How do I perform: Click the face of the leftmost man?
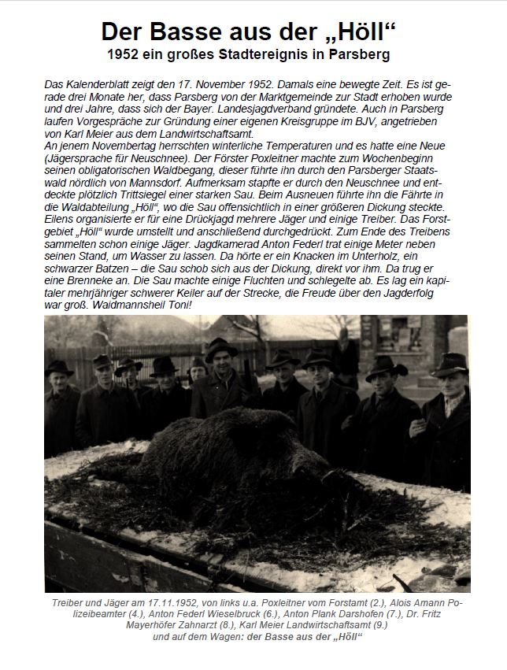59,383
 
